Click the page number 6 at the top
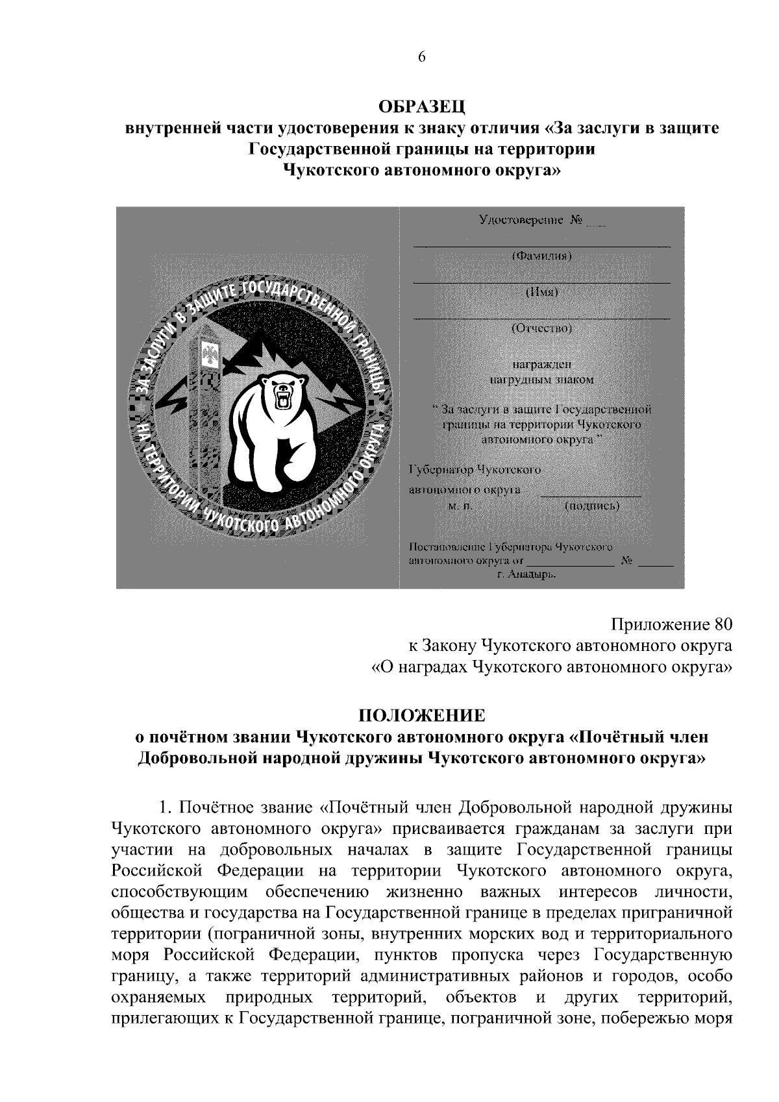click(421, 57)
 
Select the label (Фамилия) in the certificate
click(541, 256)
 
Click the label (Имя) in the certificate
click(541, 292)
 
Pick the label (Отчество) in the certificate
click(541, 328)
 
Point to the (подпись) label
click(592, 506)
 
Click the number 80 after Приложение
click(723, 625)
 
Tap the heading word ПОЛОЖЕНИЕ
click(422, 716)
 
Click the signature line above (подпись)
click(591, 496)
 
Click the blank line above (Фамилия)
click(541, 247)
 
